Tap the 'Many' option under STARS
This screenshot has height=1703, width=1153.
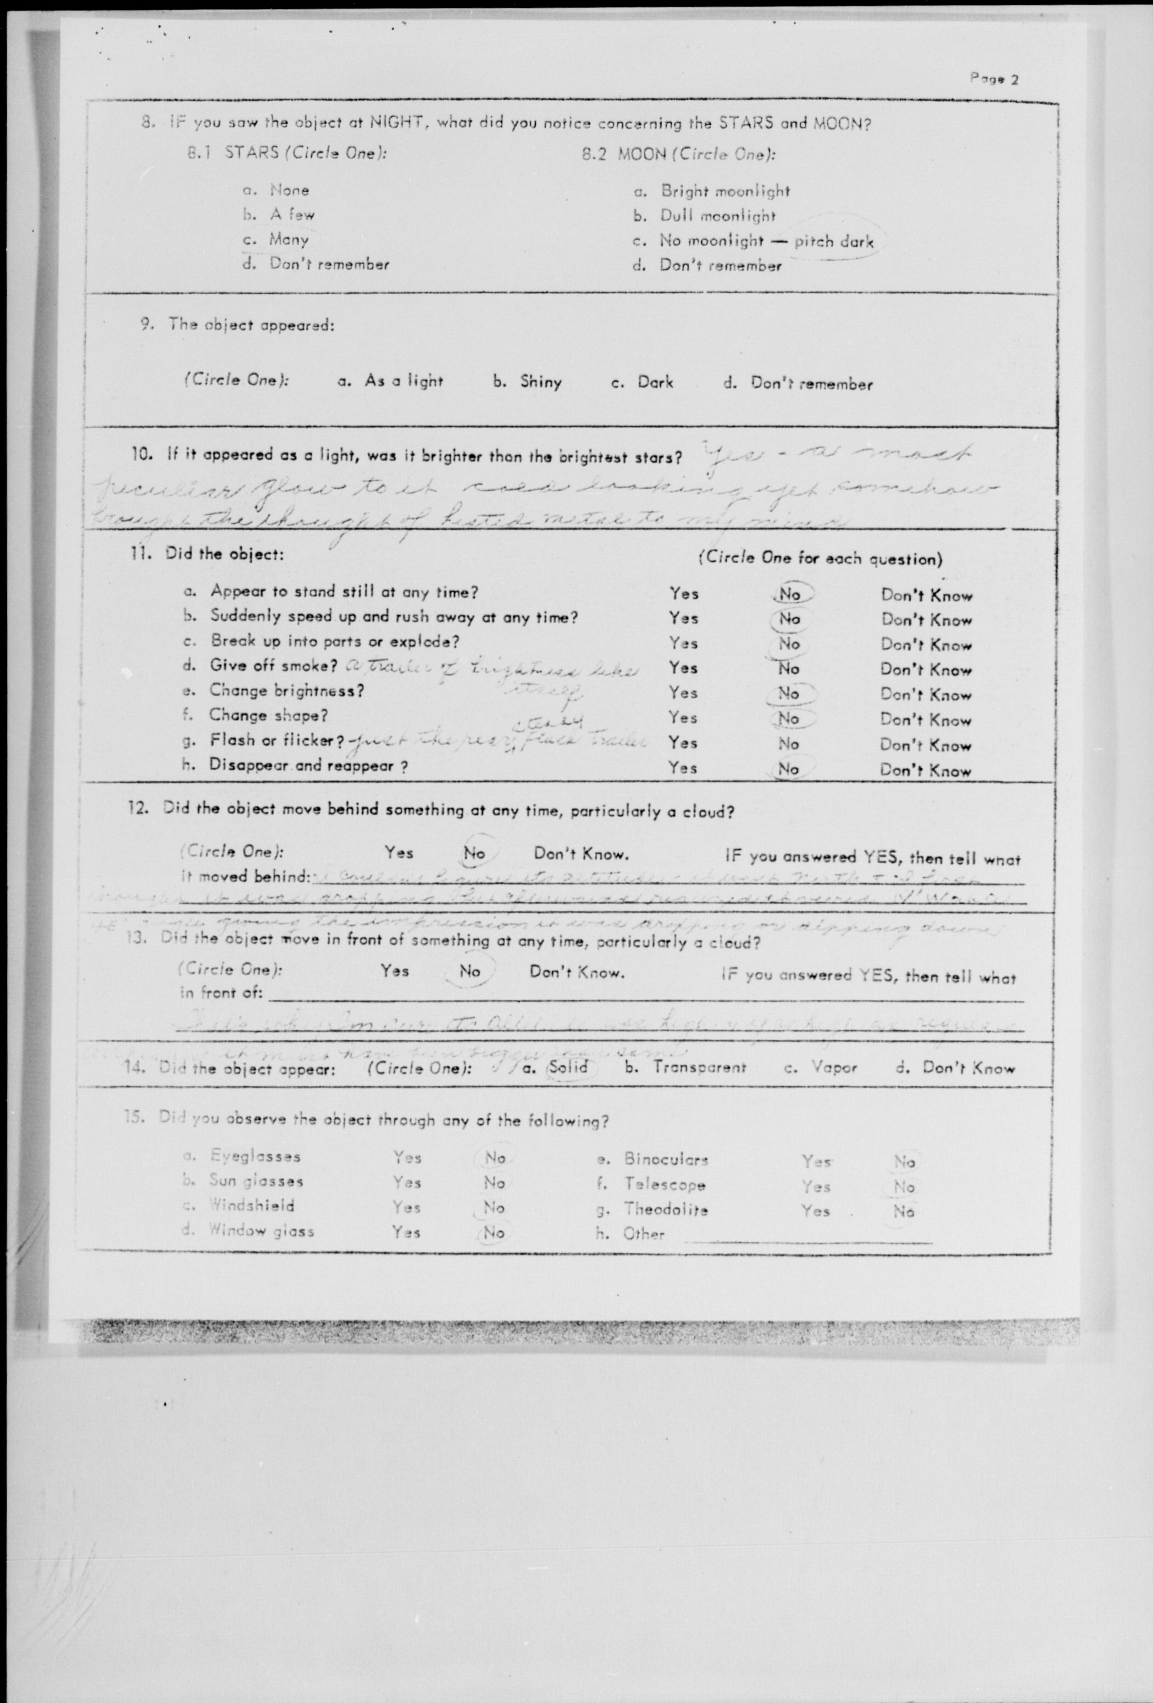(289, 239)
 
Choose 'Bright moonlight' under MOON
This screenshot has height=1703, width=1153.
(725, 191)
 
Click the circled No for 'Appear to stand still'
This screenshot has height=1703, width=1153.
(789, 594)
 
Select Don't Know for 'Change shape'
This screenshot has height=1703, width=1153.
(926, 720)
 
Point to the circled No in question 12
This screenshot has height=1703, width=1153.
(474, 854)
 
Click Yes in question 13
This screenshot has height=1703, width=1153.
(395, 971)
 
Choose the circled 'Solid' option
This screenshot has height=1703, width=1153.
(568, 1067)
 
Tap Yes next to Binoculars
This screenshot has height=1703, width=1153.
(816, 1162)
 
